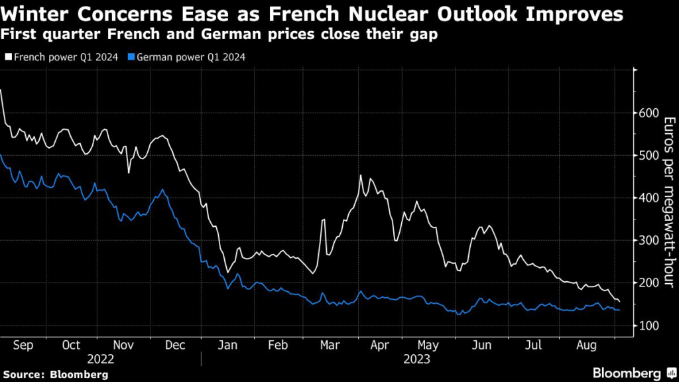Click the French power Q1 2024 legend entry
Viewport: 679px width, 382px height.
coord(64,58)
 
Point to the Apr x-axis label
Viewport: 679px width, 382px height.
coord(379,346)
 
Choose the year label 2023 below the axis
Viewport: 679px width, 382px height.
coord(418,359)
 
